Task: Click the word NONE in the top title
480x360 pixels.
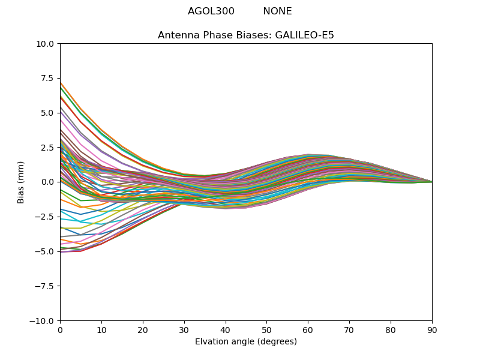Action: [277, 11]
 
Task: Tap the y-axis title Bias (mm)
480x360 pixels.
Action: [21, 182]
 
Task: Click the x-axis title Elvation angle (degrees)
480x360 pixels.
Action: [246, 342]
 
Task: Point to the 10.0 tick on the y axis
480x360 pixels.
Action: [47, 44]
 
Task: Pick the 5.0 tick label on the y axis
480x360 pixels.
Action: [49, 113]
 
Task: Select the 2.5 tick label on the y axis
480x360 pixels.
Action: [49, 148]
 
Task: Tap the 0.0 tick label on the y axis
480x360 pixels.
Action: [49, 182]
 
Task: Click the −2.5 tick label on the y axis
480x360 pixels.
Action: [46, 217]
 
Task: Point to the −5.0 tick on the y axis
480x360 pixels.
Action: [46, 251]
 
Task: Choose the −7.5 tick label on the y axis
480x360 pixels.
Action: [46, 286]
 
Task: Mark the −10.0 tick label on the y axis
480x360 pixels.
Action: [44, 321]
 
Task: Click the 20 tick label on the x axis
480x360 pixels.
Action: [143, 330]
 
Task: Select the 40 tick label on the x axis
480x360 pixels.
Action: [226, 330]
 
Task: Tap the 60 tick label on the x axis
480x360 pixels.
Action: [308, 330]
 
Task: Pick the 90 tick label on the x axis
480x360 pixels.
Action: [432, 330]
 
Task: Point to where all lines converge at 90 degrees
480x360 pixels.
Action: [431, 182]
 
